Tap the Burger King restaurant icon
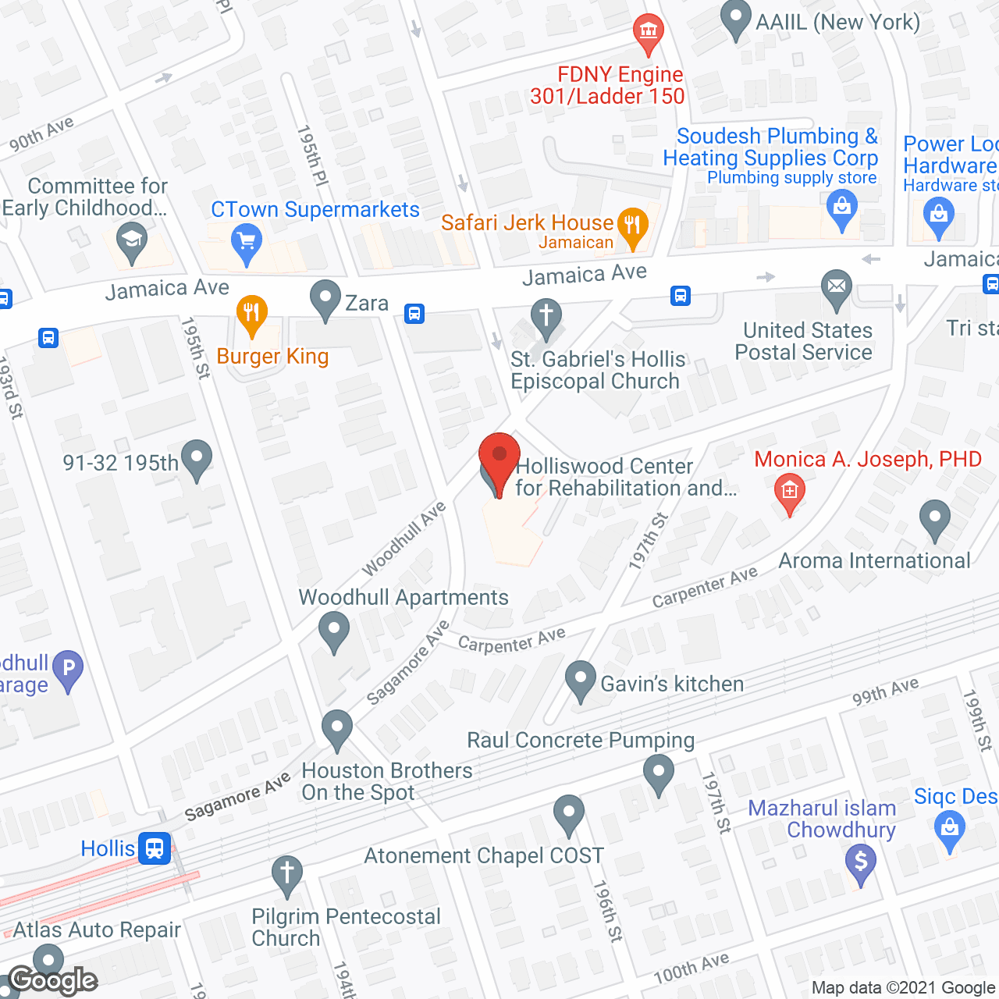pos(251,315)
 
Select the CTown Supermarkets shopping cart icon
pos(247,243)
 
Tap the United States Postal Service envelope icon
pos(836,288)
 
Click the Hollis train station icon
pos(155,848)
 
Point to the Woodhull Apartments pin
pos(335,630)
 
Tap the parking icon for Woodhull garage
pos(68,669)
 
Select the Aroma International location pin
pos(934,518)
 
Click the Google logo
pos(53,980)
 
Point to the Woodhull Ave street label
pos(404,539)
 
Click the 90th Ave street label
pos(41,134)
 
